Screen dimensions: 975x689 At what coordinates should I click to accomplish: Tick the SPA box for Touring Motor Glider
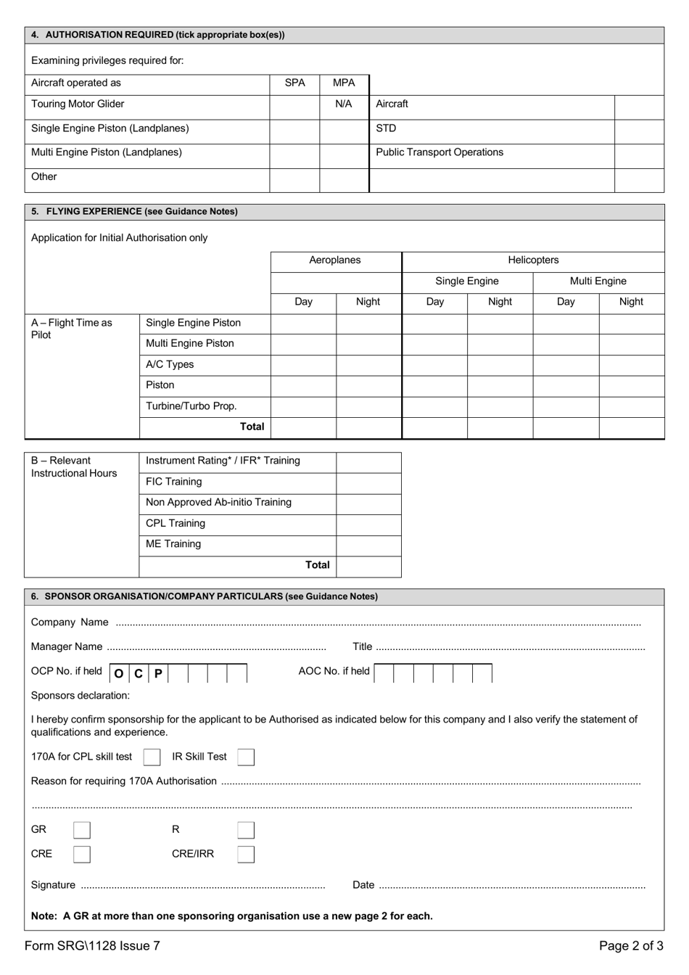point(294,107)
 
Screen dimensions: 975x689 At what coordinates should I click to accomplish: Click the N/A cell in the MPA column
point(344,104)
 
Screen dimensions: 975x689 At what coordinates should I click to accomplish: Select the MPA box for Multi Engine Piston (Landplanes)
point(344,155)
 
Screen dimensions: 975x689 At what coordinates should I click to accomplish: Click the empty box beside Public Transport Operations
point(639,155)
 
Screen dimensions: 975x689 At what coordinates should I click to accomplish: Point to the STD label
point(386,128)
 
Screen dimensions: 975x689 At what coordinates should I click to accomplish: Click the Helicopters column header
point(533,260)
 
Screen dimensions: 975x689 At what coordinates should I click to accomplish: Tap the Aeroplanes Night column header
point(368,303)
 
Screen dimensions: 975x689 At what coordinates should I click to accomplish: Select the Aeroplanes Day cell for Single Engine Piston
point(303,324)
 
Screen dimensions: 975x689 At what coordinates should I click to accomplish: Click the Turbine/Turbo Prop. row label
point(191,406)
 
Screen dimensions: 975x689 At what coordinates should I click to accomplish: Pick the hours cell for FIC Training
point(368,483)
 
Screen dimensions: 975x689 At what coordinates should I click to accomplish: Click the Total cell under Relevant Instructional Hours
point(368,566)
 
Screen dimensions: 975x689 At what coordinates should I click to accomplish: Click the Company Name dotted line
point(377,623)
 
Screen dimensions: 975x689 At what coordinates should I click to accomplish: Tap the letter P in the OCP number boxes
point(158,673)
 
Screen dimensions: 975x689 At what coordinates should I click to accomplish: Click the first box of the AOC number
point(384,673)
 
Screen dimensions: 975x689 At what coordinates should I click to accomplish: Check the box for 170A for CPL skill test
point(152,757)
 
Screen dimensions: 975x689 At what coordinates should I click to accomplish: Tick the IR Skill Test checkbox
point(246,757)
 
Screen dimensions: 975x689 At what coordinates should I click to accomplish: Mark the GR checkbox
point(82,830)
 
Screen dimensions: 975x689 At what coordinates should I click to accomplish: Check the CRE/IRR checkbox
point(246,855)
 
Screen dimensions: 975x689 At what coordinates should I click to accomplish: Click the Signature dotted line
point(202,886)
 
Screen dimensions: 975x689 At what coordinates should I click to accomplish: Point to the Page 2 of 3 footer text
point(630,946)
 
